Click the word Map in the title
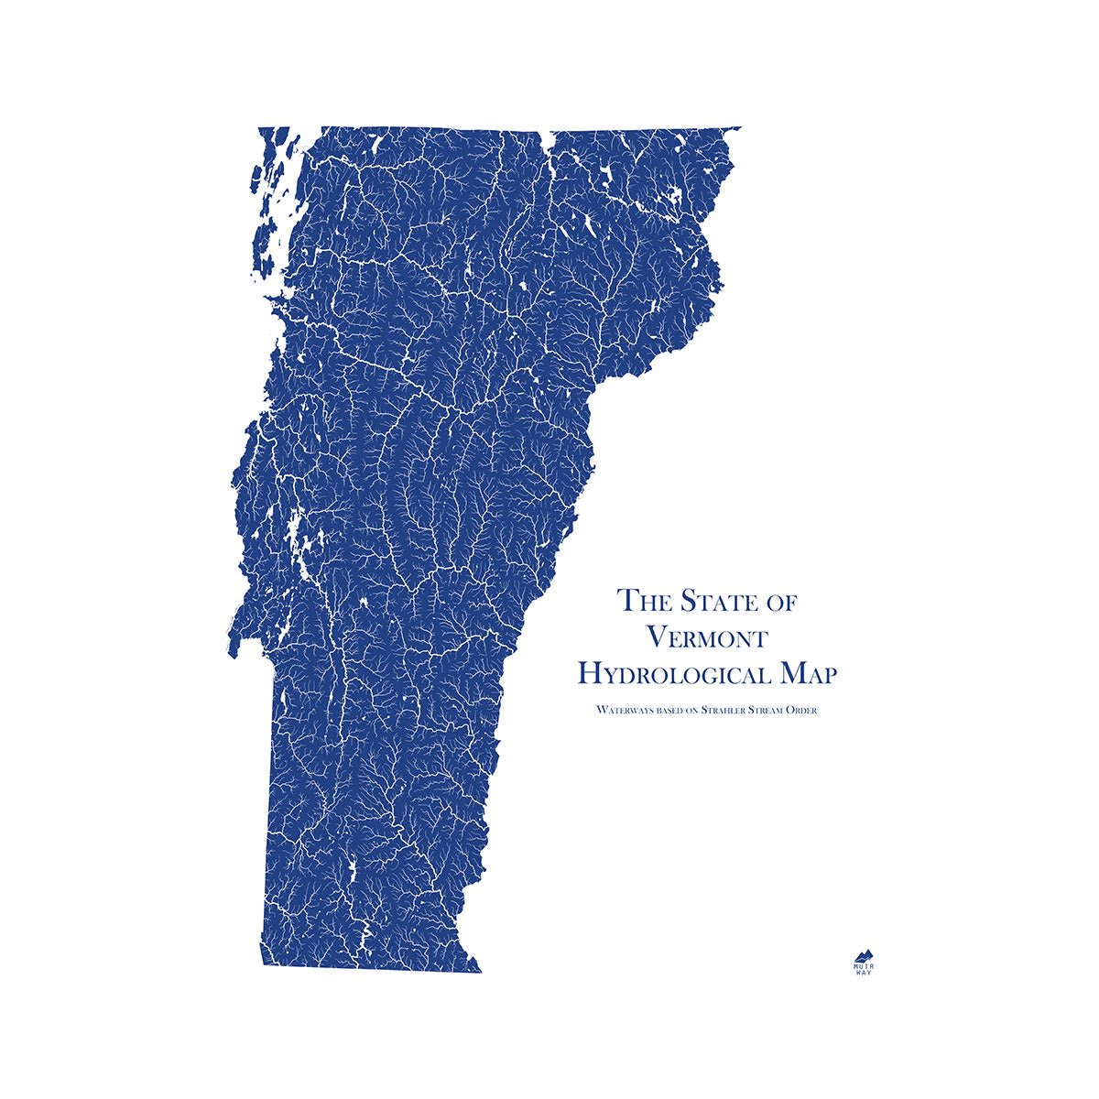tap(805, 675)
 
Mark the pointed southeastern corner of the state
tap(481, 972)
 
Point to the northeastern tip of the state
tap(740, 128)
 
